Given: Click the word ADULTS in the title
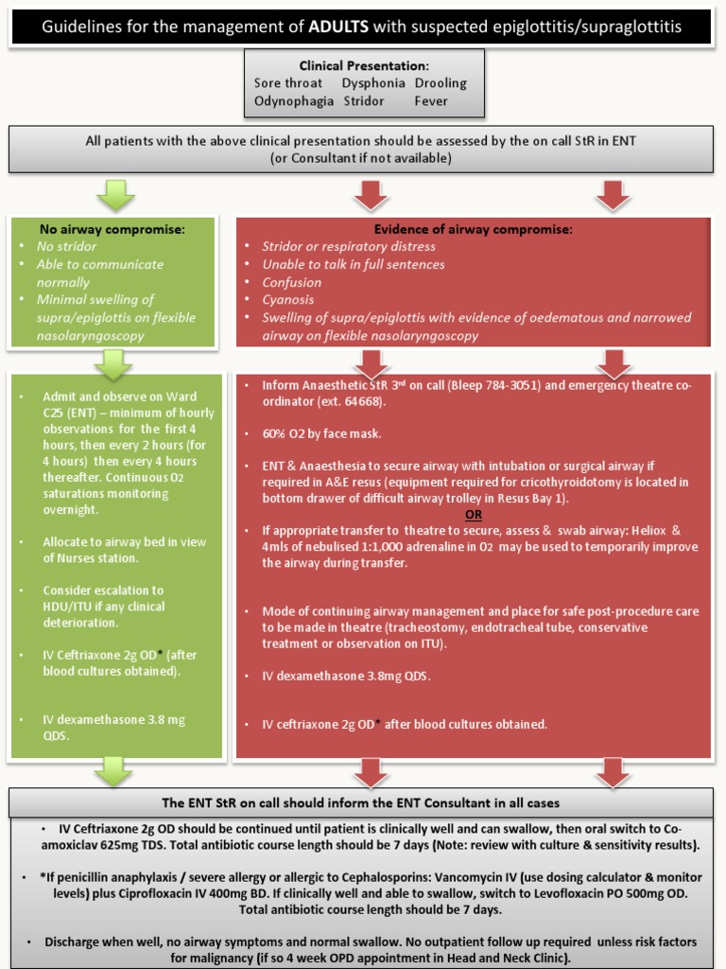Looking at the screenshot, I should (337, 27).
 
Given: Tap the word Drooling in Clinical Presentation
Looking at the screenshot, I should (441, 83).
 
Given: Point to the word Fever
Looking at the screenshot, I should (431, 100).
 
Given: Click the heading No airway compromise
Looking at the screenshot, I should (112, 228).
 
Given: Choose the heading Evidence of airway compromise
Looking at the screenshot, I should (473, 228).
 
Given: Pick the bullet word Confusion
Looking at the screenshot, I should (292, 282).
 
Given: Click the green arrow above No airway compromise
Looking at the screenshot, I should (115, 196).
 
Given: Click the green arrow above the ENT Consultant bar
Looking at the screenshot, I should (115, 770).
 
